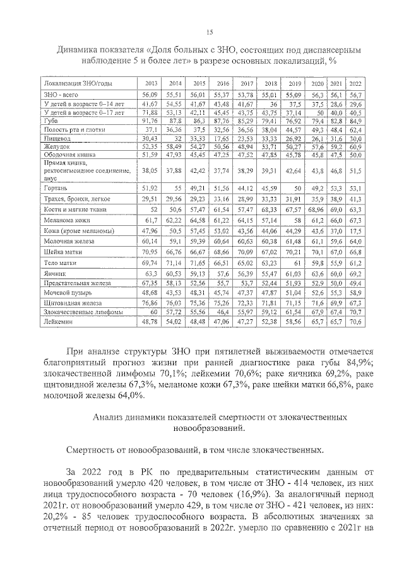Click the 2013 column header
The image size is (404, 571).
point(151,83)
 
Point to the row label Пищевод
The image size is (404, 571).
point(56,137)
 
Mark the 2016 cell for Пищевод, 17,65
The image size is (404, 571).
point(221,137)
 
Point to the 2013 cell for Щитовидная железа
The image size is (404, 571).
point(150,303)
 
